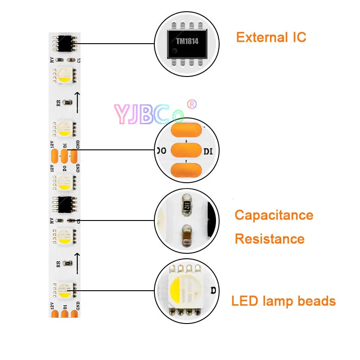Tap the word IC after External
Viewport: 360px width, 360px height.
pyautogui.click(x=297, y=37)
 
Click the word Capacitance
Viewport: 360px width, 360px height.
pyautogui.click(x=274, y=215)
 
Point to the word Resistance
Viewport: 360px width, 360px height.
pyautogui.click(x=270, y=238)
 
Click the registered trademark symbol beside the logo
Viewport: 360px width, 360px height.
pyautogui.click(x=192, y=104)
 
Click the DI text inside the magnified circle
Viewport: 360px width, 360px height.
pyautogui.click(x=208, y=151)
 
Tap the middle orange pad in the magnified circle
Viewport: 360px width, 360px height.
pyautogui.click(x=186, y=150)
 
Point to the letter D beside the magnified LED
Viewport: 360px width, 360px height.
pyautogui.click(x=213, y=290)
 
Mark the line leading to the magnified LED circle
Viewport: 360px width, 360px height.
pyautogui.click(x=117, y=291)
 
